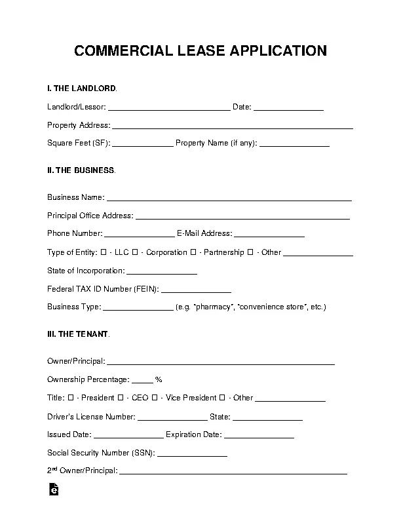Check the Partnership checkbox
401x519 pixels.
(193, 252)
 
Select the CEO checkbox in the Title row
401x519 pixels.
(121, 398)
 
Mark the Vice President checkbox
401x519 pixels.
(154, 398)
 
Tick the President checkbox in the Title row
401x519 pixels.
(70, 398)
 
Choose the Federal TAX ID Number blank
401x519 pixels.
(196, 289)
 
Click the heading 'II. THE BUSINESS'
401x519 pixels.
(81, 170)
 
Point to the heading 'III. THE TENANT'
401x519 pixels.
(78, 334)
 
